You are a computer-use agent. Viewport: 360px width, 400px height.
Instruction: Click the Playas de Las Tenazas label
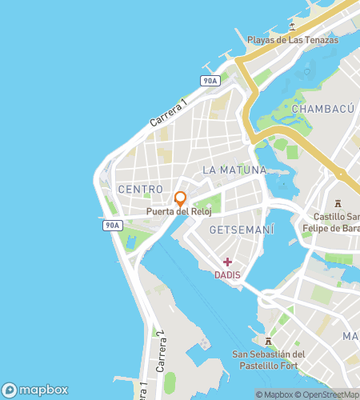coord(292,40)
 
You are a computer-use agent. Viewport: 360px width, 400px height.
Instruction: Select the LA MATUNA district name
coord(234,170)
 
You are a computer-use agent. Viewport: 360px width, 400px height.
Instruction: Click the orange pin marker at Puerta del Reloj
coord(180,198)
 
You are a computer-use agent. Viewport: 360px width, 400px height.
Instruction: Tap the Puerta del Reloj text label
coord(180,213)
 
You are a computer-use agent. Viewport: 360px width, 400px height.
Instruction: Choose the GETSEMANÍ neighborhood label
coord(241,230)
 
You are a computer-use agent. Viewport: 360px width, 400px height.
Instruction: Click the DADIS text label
coord(228,274)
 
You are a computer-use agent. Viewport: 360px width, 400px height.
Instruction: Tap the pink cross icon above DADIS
coord(228,262)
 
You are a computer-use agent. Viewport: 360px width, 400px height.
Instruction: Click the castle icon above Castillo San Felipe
coord(338,203)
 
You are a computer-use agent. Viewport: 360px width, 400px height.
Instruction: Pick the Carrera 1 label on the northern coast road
coord(168,114)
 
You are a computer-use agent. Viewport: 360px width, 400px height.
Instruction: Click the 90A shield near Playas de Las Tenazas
coord(210,81)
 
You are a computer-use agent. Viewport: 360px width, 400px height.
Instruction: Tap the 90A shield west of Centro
coord(112,226)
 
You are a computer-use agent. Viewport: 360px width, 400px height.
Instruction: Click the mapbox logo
coord(35,390)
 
